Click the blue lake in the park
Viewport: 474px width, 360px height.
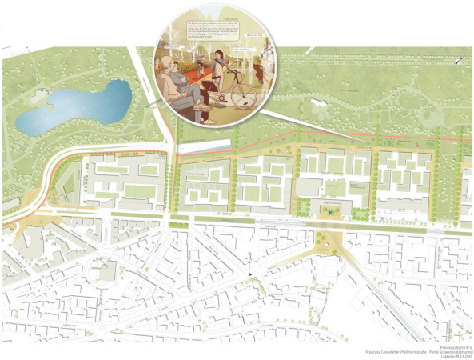[x=76, y=110]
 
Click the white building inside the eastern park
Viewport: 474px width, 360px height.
[x=319, y=104]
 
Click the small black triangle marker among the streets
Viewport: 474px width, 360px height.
[x=251, y=275]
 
